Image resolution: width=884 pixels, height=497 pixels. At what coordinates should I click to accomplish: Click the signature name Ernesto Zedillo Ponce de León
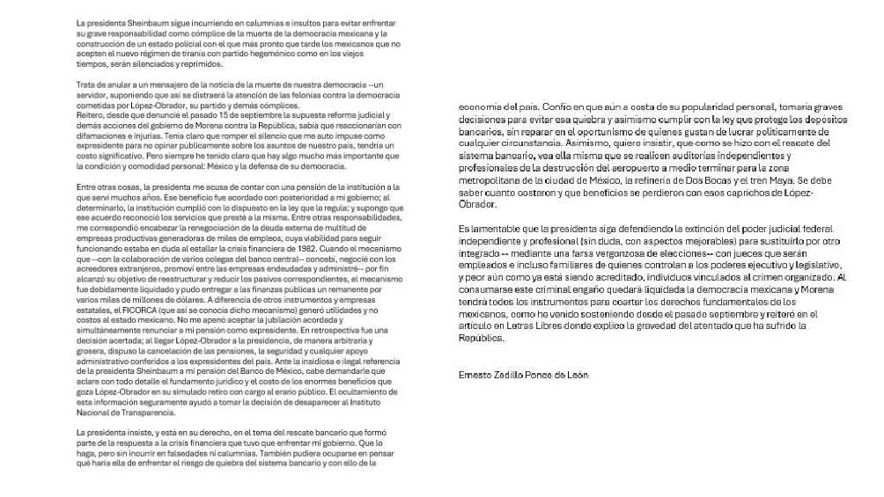[523, 375]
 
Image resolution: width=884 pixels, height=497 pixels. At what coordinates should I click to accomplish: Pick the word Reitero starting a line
[91, 115]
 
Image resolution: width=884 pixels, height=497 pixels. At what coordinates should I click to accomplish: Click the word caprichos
[753, 193]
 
